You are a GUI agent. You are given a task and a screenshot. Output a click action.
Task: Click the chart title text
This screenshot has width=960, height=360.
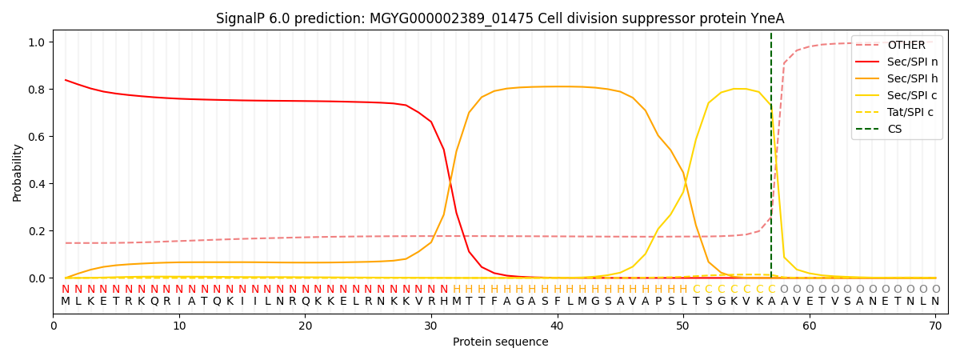[500, 18]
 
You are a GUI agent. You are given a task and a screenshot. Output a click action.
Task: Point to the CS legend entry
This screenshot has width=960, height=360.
[895, 130]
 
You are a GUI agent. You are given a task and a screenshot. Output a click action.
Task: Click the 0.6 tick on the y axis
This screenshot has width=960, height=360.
[38, 137]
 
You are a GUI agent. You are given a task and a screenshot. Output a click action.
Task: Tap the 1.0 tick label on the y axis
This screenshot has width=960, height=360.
[38, 42]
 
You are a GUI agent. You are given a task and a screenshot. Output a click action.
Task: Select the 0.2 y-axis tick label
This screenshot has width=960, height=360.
[38, 231]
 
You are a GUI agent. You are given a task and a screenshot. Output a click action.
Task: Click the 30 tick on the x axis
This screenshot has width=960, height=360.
[431, 326]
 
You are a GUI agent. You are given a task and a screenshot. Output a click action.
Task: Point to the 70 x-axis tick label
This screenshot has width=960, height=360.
[935, 326]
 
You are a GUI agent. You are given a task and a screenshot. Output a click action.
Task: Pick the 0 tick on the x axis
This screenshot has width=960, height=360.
[54, 326]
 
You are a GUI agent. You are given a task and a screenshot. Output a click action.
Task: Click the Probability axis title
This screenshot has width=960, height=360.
[18, 173]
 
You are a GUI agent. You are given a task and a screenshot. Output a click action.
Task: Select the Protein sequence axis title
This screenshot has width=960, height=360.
[500, 342]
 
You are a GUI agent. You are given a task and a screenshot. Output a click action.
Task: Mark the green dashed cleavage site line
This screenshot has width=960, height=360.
[771, 160]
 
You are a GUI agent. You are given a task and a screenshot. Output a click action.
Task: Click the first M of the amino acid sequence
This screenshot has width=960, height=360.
[66, 302]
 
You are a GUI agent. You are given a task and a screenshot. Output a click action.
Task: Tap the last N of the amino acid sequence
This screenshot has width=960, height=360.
[935, 302]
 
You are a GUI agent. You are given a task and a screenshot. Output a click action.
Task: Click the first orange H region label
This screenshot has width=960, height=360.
[457, 290]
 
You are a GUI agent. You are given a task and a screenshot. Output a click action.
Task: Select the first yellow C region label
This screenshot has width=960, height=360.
[696, 290]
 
